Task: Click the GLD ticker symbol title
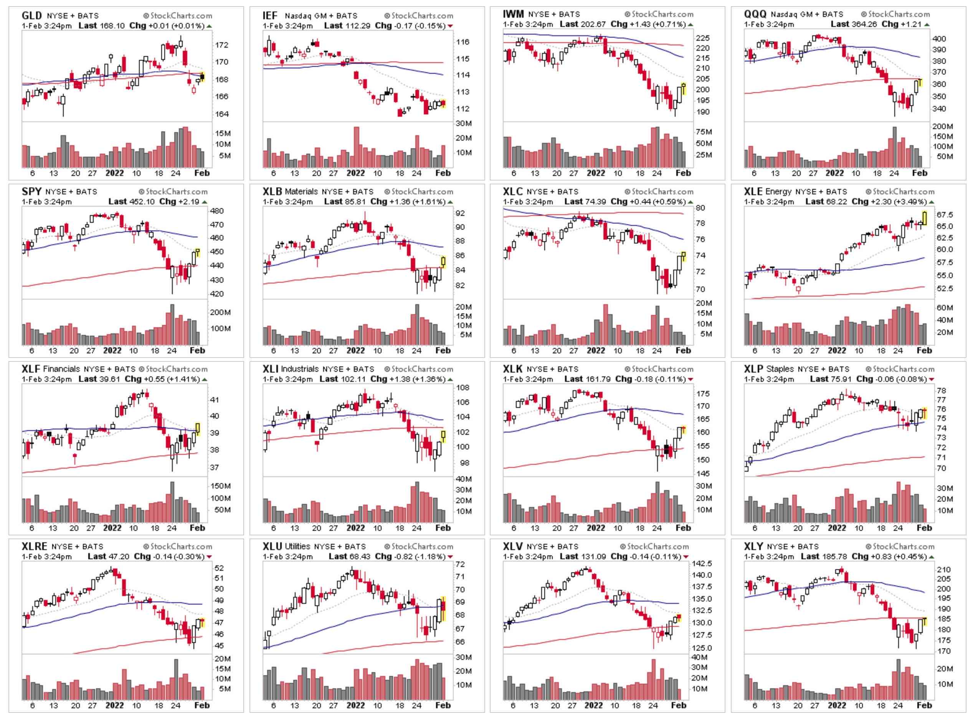(31, 16)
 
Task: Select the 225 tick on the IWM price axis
(702, 38)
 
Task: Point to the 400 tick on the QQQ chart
(938, 38)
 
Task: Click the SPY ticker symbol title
(31, 192)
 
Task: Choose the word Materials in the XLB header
(301, 192)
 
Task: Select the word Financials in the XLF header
(61, 369)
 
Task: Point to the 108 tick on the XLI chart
(463, 388)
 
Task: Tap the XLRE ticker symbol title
(34, 547)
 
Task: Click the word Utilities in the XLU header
(297, 547)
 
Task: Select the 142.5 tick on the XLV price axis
(702, 563)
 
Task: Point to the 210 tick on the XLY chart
(943, 570)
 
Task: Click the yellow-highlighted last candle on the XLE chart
(924, 218)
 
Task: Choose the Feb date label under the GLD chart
(202, 173)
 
